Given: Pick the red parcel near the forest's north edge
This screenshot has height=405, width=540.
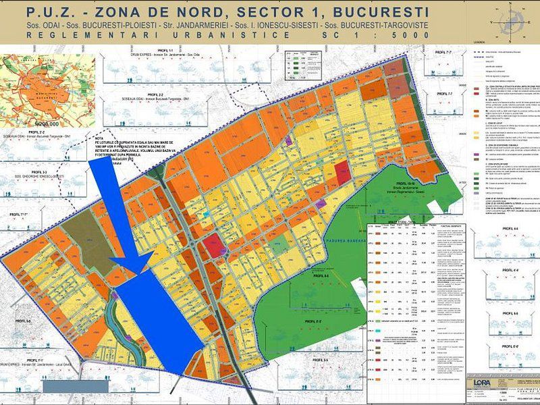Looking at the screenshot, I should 343,172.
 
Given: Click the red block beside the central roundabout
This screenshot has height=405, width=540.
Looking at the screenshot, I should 215,246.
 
